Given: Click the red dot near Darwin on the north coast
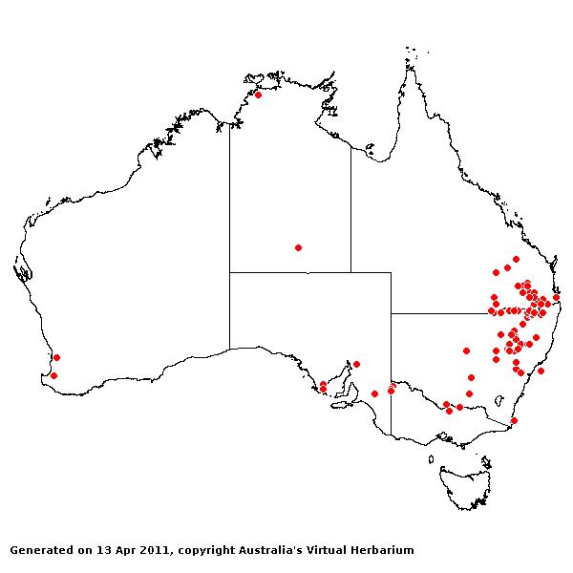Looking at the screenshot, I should click(258, 95).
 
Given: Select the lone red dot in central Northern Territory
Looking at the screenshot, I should click(298, 247).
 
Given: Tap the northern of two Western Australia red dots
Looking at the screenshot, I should click(56, 357).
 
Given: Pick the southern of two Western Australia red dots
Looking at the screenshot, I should click(53, 375).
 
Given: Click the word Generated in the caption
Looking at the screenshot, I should click(37, 551).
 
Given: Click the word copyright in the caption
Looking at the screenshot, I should click(205, 551).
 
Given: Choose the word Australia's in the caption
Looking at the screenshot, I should click(278, 551).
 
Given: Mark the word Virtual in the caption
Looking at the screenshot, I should click(337, 551).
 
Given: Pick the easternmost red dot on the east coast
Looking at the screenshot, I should click(556, 297).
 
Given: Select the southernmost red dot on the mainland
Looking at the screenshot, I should click(514, 420).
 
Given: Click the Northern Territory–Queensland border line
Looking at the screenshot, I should click(350, 210).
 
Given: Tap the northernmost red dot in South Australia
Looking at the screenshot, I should click(356, 364).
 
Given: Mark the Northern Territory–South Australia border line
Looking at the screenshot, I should click(286, 272).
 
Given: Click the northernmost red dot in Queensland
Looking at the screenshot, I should click(516, 259).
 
